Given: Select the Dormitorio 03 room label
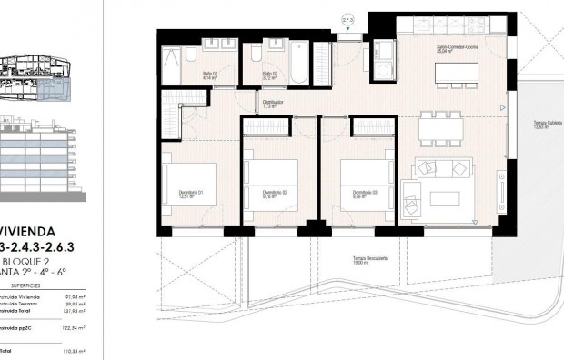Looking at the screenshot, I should (351, 194).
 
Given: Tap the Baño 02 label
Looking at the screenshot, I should (270, 75).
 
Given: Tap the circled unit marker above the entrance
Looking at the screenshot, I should (347, 18).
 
